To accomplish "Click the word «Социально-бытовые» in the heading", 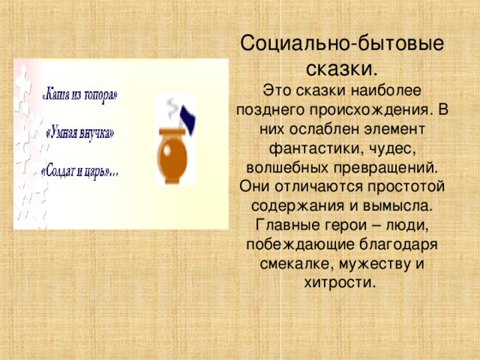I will (341, 43).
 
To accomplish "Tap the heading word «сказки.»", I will (341, 68).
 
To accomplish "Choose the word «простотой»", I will (405, 184).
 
